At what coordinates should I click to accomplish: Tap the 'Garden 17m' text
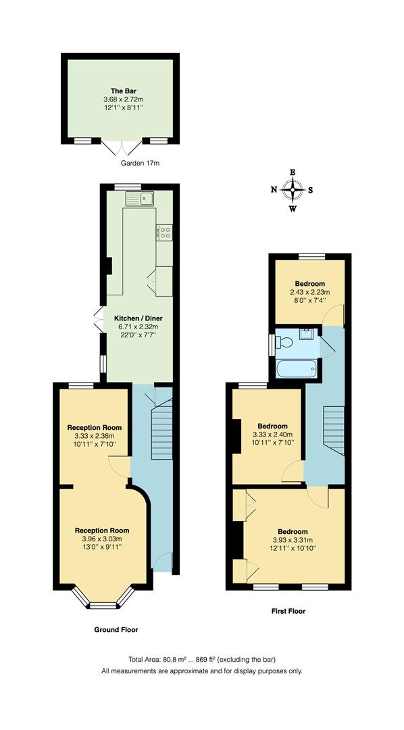140,164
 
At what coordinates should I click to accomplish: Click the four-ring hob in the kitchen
165,233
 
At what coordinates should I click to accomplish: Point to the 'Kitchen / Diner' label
138,318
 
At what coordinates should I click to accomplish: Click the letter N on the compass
274,190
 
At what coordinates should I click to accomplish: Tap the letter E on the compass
293,172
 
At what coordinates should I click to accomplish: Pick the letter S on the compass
311,190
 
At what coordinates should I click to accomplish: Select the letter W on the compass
293,208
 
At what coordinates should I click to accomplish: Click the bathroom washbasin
306,333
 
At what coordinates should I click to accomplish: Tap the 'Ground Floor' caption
116,630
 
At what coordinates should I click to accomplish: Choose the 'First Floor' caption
288,611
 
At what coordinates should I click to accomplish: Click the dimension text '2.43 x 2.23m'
309,292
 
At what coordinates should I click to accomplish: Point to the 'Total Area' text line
202,659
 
